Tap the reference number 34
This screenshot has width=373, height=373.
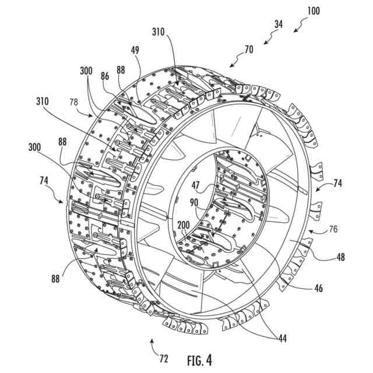(x=279, y=24)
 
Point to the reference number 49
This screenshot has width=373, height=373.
(x=134, y=51)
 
